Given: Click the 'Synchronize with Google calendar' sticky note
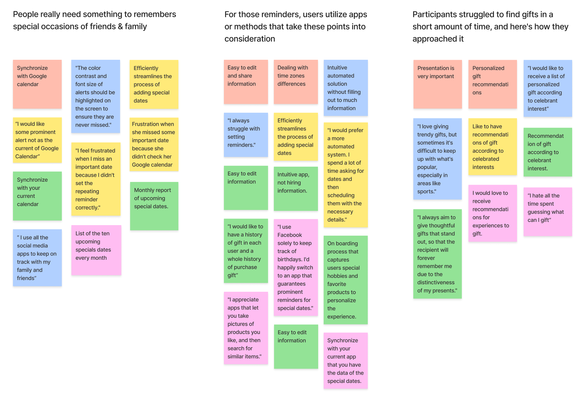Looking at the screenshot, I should (37, 84).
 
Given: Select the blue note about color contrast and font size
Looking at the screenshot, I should (95, 96).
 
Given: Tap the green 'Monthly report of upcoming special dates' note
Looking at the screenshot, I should (154, 206).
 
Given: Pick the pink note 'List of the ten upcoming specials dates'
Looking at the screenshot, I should (96, 250).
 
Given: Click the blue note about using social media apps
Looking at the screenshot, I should (37, 257).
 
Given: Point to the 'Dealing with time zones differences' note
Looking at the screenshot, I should (296, 82).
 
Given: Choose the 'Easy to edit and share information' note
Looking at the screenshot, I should (246, 82).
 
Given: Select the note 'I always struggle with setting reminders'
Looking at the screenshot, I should (246, 135).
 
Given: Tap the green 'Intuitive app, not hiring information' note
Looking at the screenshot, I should (296, 188).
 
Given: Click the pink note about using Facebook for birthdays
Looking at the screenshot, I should (296, 267).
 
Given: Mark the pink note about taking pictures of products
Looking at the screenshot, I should (246, 328).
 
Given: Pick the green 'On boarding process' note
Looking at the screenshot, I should (345, 280).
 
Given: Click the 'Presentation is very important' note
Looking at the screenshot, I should (437, 84).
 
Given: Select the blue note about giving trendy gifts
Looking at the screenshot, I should (437, 159).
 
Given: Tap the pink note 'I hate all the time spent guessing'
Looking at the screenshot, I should (548, 212).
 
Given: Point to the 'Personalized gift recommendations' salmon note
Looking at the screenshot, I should (492, 84).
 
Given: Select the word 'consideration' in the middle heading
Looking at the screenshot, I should (250, 39).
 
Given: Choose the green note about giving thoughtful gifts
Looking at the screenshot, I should (437, 254).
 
